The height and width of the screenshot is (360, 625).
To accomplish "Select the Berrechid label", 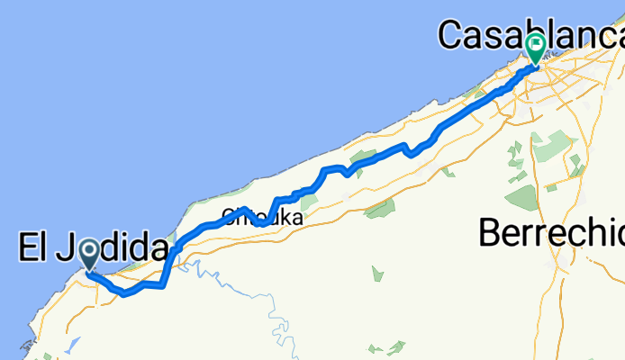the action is coord(551,233).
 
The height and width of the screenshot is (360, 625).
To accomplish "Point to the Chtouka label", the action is coord(258,217).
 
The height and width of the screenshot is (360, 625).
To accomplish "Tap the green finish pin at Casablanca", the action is coord(535,47).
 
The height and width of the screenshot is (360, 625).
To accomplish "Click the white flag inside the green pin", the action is coord(535,42).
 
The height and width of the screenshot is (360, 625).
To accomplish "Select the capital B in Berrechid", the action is coord(491,233).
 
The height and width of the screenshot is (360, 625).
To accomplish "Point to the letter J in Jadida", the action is coord(67,249).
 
